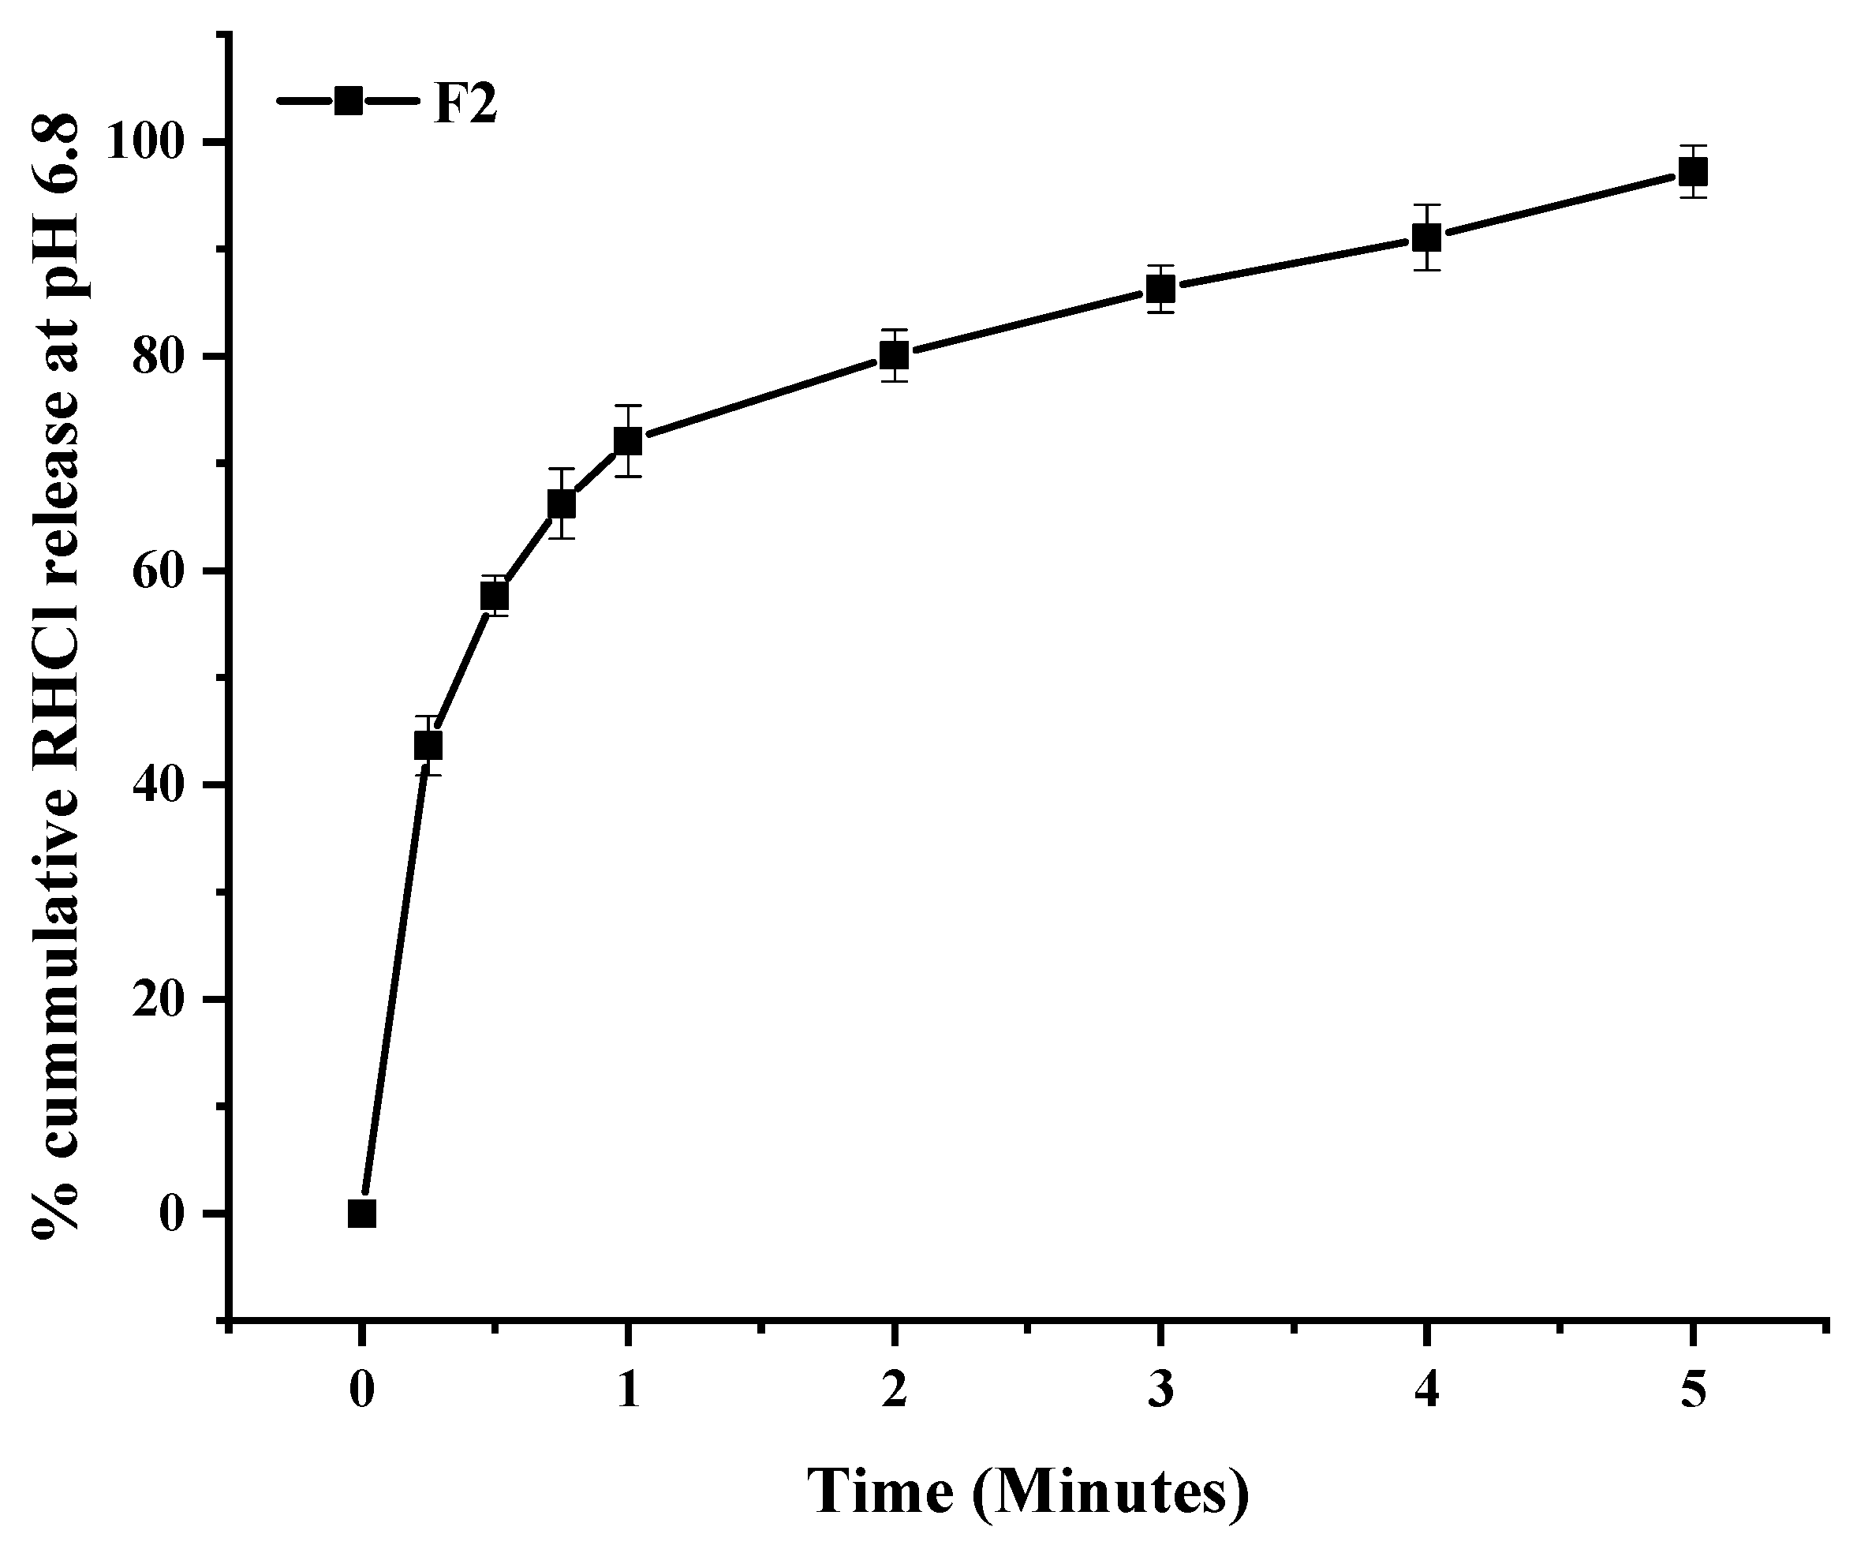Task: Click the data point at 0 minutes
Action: (x=361, y=1214)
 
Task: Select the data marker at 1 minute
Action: (x=627, y=440)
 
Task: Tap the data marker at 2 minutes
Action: (x=894, y=356)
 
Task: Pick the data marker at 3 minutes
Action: (x=1160, y=288)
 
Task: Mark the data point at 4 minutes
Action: (x=1426, y=237)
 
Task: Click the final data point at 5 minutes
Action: (x=1693, y=171)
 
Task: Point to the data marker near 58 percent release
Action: (x=495, y=597)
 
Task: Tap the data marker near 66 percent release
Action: (x=562, y=504)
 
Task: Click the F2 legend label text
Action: (x=465, y=104)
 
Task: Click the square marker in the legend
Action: (x=349, y=101)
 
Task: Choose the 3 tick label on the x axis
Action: (x=1160, y=1390)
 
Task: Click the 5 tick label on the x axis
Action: (x=1693, y=1390)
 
